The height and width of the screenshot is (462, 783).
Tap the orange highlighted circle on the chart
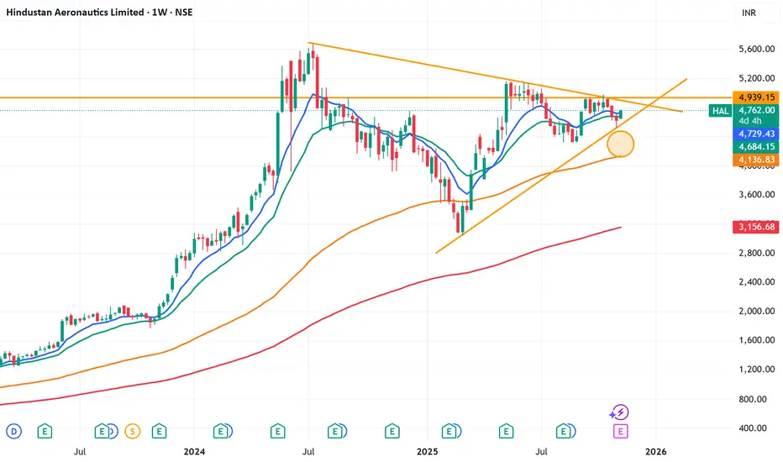coord(620,144)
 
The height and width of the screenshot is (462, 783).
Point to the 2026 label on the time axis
coord(656,452)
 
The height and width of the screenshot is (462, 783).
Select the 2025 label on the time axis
coord(426,452)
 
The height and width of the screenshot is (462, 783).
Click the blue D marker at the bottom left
coord(13,431)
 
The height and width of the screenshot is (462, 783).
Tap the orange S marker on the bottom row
coord(132,431)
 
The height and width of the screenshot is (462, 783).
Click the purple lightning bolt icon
coord(620,412)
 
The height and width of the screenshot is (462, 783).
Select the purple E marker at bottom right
coord(621,431)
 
